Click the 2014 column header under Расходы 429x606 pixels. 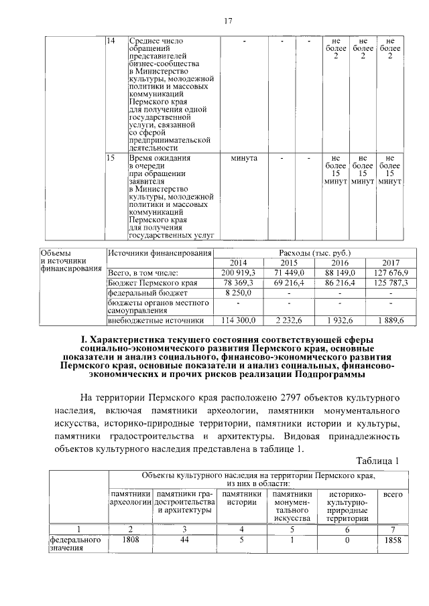239,262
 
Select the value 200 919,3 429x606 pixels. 239,273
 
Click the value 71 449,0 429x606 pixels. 290,273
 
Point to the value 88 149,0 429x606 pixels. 340,273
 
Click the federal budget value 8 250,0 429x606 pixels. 239,293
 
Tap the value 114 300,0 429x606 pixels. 239,321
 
